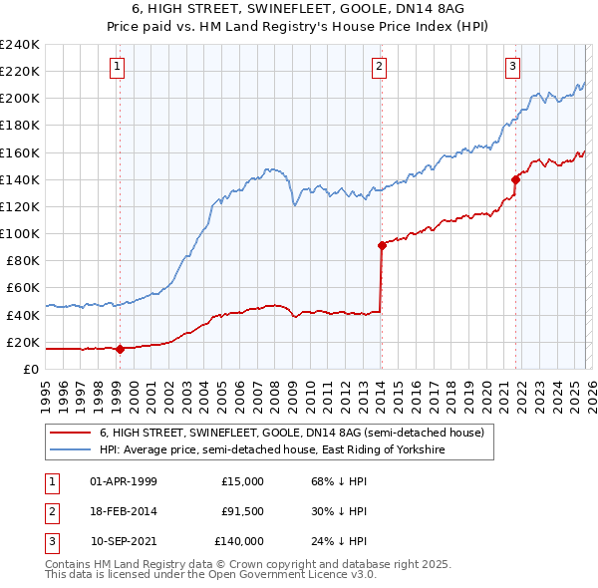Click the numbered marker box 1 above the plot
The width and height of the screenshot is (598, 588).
click(x=118, y=67)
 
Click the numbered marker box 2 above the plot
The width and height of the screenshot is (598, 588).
click(x=380, y=67)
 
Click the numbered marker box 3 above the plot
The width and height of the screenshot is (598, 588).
click(x=512, y=67)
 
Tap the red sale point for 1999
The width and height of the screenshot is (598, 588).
click(x=120, y=349)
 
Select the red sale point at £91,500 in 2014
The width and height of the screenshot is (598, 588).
click(x=382, y=245)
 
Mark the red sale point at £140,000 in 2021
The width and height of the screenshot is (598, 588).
click(x=515, y=179)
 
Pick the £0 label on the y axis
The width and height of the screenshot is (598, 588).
click(x=29, y=369)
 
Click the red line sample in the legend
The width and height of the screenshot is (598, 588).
click(x=70, y=434)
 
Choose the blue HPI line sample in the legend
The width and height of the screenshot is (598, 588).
click(x=70, y=450)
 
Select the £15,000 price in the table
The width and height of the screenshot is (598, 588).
click(x=242, y=481)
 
